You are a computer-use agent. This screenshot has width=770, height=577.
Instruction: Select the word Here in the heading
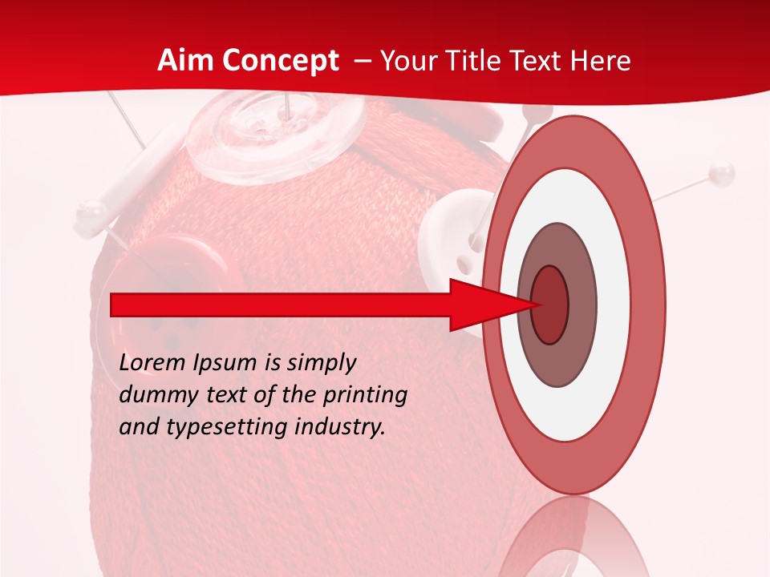[602, 61]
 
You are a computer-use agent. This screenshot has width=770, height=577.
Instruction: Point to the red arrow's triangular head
[493, 305]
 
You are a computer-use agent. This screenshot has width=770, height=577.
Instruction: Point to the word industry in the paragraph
[340, 426]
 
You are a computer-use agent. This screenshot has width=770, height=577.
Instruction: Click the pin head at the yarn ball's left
[91, 213]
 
